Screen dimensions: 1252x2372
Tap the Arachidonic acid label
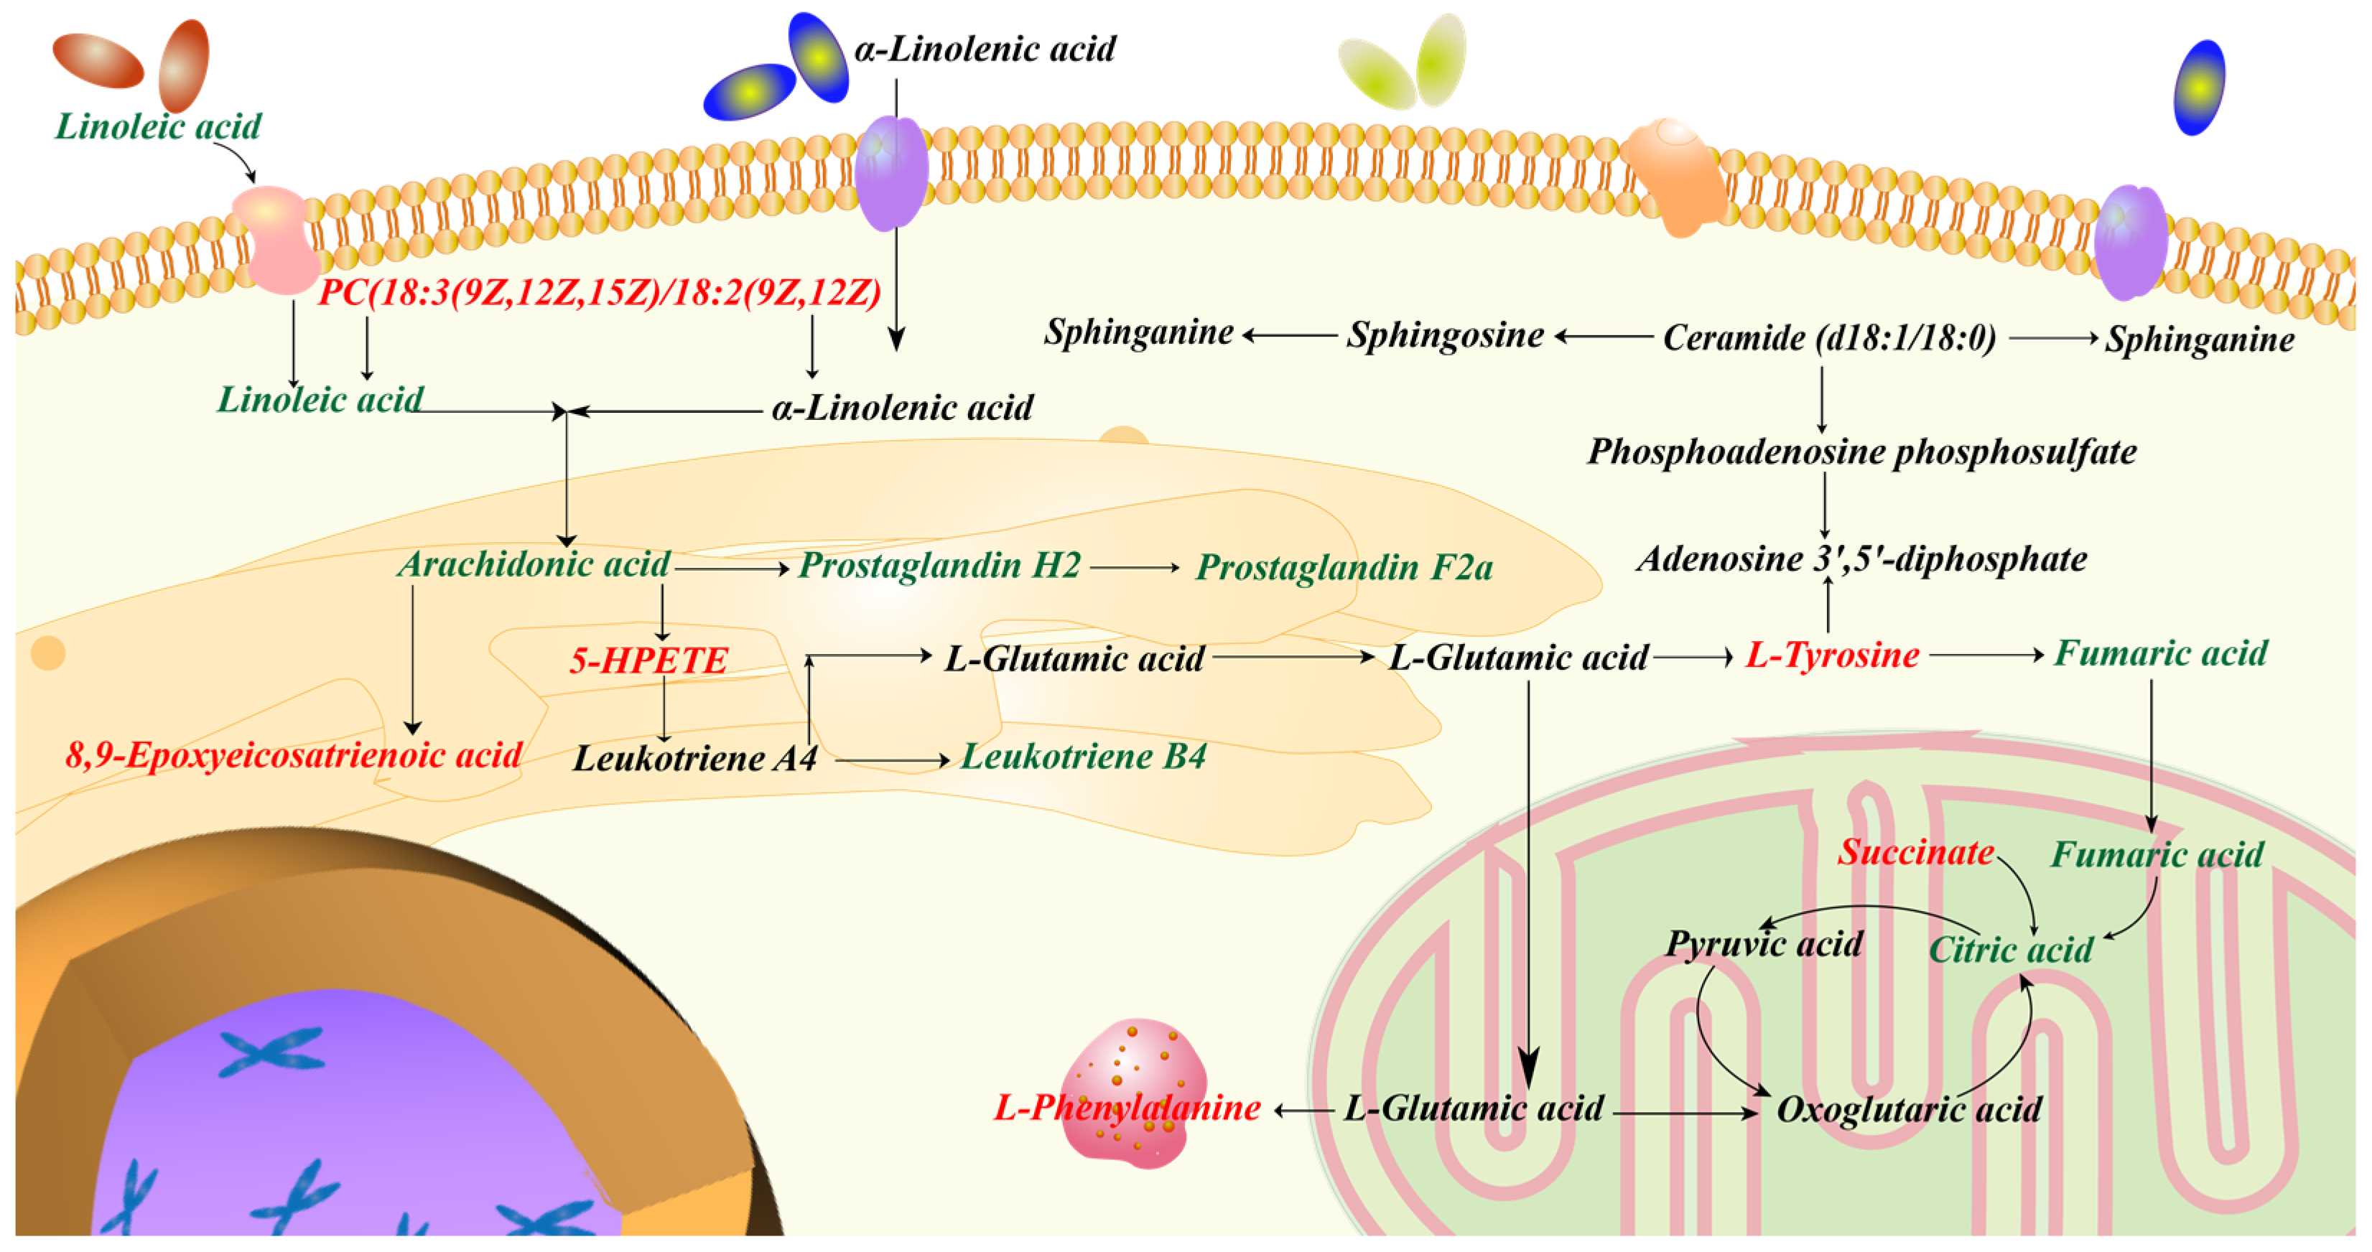pos(534,564)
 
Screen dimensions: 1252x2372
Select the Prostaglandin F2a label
pos(1344,567)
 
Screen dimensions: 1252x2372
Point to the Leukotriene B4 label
pos(1083,757)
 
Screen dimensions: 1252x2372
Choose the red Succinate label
pos(1915,851)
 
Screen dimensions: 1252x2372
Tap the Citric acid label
pos(2010,949)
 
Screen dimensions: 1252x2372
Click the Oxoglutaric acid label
pos(1908,1109)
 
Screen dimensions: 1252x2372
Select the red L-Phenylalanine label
pos(1127,1108)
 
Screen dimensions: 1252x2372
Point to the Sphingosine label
pos(1445,335)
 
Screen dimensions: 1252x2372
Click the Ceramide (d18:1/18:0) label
pos(1828,338)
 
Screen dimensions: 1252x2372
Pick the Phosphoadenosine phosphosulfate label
pos(1861,452)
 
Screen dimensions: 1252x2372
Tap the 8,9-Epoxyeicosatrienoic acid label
pos(294,755)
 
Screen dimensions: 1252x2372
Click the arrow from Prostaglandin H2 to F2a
pos(1135,568)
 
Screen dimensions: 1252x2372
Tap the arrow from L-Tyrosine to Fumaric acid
pos(1986,655)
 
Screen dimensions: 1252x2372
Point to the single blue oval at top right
pos(2199,88)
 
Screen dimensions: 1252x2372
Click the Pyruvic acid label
pos(1763,943)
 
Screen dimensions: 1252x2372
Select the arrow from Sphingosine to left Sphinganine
pos(1289,336)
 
